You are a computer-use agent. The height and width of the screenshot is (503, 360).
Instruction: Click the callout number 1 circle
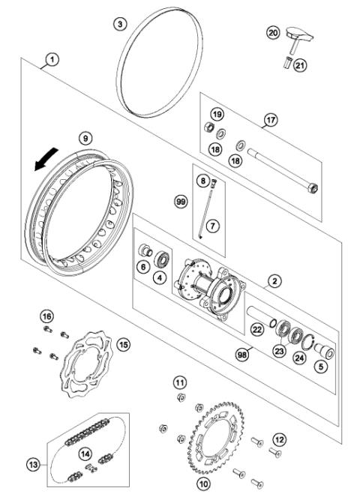[50, 58]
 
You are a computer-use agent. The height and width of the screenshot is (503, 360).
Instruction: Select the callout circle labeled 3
[120, 25]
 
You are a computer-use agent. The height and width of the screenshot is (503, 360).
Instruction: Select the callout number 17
[271, 118]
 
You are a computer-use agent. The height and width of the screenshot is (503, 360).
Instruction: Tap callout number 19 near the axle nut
[217, 114]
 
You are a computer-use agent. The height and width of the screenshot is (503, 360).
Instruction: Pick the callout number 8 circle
[202, 181]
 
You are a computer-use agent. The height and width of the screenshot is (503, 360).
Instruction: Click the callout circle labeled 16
[46, 316]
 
